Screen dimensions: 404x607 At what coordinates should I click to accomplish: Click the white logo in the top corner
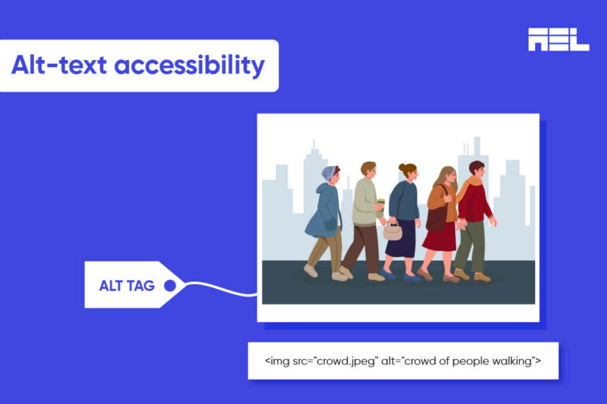558,39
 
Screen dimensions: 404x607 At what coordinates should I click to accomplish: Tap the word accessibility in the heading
190,65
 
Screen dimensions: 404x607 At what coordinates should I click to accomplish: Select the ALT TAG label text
126,286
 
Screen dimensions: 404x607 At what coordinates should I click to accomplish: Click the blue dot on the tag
169,286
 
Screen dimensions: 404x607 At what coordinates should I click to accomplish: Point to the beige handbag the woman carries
393,231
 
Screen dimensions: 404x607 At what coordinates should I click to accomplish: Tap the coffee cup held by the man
381,207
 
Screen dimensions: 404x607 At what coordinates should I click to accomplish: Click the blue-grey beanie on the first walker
329,173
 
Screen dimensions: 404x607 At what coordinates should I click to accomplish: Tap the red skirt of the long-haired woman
441,236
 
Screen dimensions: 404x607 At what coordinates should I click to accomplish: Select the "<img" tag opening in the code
277,361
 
